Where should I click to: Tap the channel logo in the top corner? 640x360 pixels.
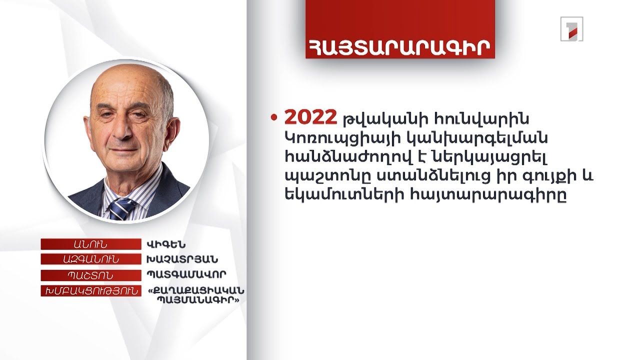pyautogui.click(x=571, y=28)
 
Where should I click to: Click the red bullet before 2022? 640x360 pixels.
pyautogui.click(x=273, y=118)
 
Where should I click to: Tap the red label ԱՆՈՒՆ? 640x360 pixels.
pyautogui.click(x=90, y=244)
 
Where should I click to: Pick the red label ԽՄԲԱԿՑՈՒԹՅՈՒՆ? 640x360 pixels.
pyautogui.click(x=90, y=291)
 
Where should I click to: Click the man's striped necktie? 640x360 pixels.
pyautogui.click(x=120, y=207)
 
